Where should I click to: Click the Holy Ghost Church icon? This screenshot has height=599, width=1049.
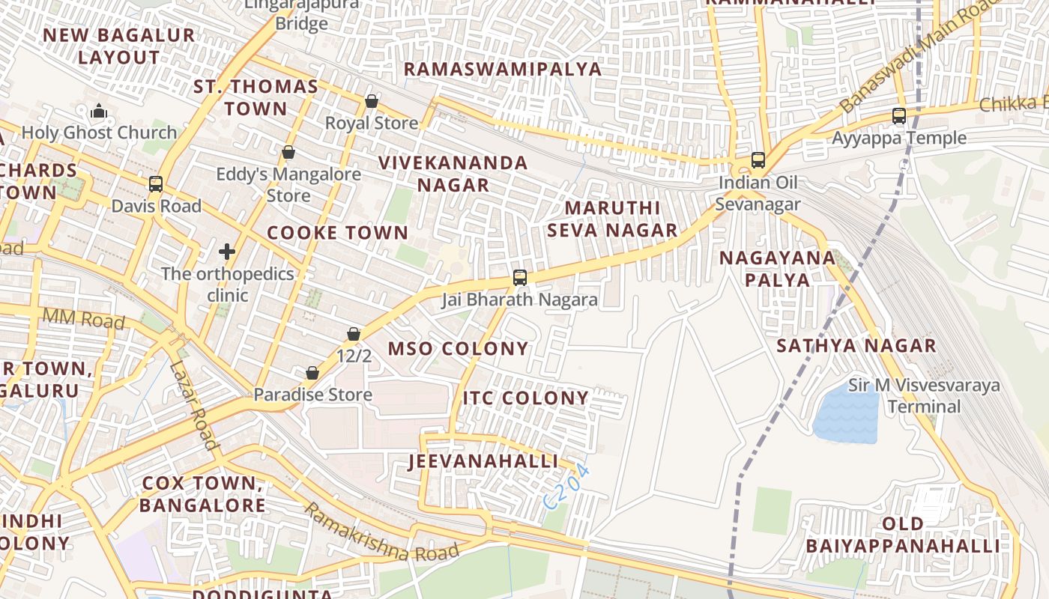coord(99,112)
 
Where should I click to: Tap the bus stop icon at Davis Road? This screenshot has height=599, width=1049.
coord(156,184)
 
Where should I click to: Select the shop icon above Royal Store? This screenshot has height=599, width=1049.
coord(371,101)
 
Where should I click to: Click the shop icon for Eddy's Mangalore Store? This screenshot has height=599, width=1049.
coord(288,153)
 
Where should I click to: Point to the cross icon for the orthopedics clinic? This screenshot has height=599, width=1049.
coord(227,252)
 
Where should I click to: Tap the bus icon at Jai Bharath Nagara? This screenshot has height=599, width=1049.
coord(519,278)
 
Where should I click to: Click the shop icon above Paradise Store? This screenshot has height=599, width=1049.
coord(312,373)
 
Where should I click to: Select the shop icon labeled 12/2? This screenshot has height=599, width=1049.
coord(354,334)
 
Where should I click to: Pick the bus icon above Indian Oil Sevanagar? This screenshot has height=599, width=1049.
coord(758,160)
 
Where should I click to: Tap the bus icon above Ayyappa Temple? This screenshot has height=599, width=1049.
coord(898,116)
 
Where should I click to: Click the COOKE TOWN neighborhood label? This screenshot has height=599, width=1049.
coord(337,233)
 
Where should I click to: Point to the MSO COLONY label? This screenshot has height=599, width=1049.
coord(458,349)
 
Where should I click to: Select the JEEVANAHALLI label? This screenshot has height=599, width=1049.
coord(483,461)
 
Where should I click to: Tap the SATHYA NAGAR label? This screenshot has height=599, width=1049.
coord(856,346)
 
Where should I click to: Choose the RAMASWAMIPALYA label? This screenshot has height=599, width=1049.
coord(502,70)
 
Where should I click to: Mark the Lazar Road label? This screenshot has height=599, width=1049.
coord(193,405)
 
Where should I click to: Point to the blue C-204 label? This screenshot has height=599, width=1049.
coord(567,487)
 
